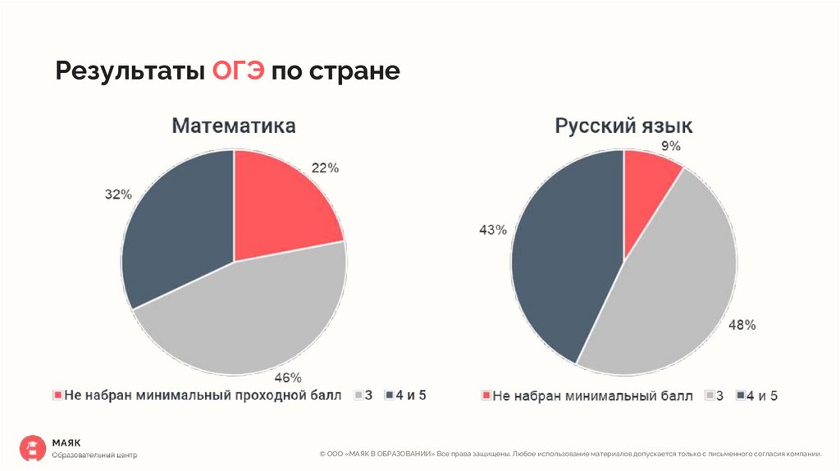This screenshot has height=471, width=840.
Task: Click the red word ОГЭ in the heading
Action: click(x=239, y=71)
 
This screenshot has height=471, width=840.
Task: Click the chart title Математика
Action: click(x=234, y=126)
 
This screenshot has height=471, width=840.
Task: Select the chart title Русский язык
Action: click(x=623, y=126)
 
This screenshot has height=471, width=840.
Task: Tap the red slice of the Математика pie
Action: click(x=279, y=205)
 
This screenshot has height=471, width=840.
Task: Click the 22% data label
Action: click(x=325, y=167)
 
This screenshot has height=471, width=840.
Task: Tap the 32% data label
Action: click(x=118, y=194)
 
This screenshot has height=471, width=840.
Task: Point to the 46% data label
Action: click(x=287, y=378)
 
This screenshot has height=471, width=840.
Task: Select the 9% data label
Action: click(x=671, y=146)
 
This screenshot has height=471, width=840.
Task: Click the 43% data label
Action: click(x=493, y=230)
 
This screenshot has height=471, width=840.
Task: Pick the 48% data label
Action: click(x=742, y=325)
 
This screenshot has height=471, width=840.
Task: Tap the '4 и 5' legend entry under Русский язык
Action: click(x=756, y=396)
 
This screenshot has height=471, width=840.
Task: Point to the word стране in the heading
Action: click(x=354, y=71)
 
